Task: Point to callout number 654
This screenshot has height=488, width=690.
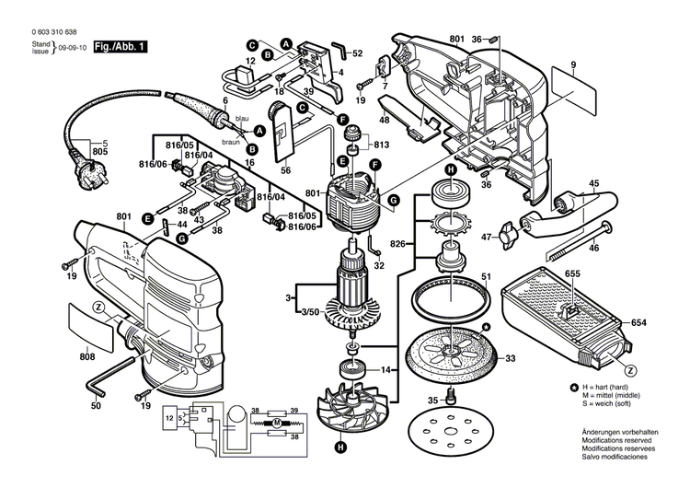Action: (640, 321)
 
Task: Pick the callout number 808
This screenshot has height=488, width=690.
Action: (87, 357)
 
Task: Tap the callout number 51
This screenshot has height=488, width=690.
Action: (487, 274)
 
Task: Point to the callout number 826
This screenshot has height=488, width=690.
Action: (397, 242)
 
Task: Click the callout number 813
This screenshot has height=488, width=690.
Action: (382, 144)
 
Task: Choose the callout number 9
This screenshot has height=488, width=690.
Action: (572, 64)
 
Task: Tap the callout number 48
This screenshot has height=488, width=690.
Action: (384, 121)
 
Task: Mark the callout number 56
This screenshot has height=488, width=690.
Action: (285, 170)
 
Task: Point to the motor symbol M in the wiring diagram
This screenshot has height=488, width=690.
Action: (274, 423)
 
